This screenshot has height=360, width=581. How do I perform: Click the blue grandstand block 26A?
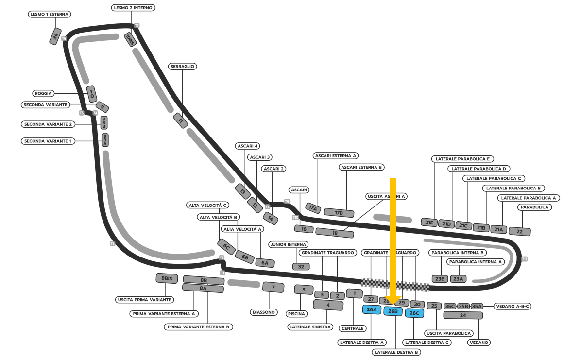point(372,309)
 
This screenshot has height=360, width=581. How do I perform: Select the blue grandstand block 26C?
point(414,313)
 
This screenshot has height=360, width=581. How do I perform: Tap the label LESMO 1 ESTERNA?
point(50,14)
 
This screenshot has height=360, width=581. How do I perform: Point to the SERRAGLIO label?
point(183,66)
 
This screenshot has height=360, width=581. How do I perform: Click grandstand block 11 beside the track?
point(181,120)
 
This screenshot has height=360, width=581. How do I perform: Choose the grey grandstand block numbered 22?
point(519,231)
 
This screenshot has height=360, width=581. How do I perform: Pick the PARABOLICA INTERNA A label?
point(476,262)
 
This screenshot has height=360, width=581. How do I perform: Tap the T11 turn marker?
point(525,259)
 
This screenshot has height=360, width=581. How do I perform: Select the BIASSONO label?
point(264,312)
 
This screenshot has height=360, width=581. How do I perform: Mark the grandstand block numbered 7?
point(273,287)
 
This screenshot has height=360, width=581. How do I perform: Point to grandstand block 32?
point(301,266)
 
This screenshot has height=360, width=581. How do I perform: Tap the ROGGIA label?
point(43,93)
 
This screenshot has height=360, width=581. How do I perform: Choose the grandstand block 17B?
point(339,212)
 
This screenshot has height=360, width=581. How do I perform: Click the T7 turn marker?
point(137,25)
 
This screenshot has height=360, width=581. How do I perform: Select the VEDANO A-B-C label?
point(512,306)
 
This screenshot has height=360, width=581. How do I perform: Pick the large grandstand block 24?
point(463,315)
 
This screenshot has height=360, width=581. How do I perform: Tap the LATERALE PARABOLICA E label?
point(462,159)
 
